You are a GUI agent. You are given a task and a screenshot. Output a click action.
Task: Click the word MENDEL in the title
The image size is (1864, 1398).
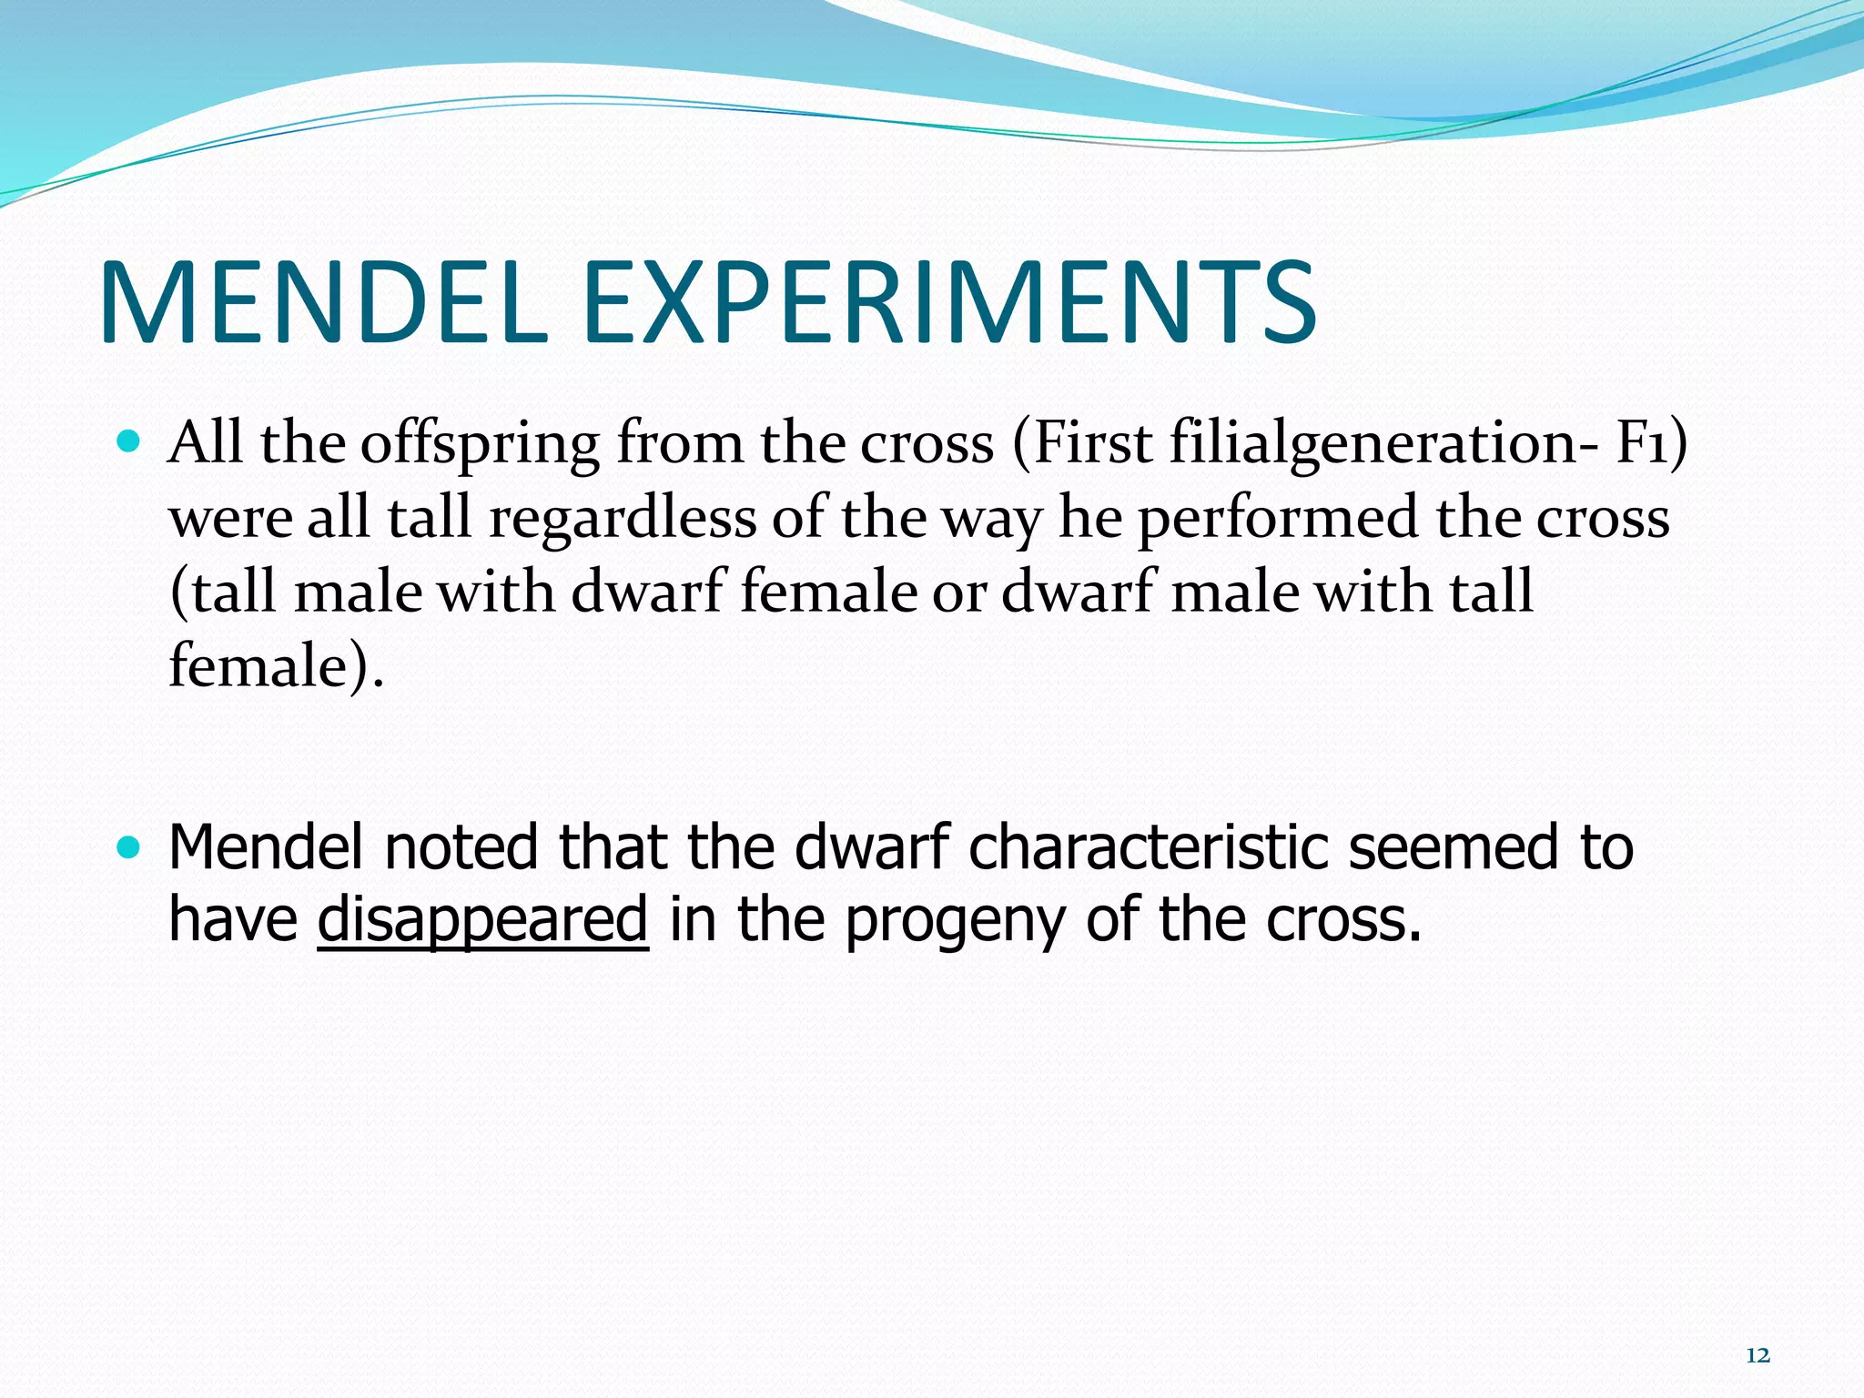coord(323,302)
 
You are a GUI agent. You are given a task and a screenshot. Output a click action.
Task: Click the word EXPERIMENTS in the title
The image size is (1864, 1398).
coord(948,302)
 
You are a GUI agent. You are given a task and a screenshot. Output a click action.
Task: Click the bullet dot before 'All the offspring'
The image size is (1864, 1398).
coord(129,443)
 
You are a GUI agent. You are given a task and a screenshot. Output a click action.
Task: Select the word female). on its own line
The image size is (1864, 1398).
coord(276,665)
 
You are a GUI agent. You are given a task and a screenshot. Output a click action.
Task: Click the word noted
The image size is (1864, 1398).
coord(461,847)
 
